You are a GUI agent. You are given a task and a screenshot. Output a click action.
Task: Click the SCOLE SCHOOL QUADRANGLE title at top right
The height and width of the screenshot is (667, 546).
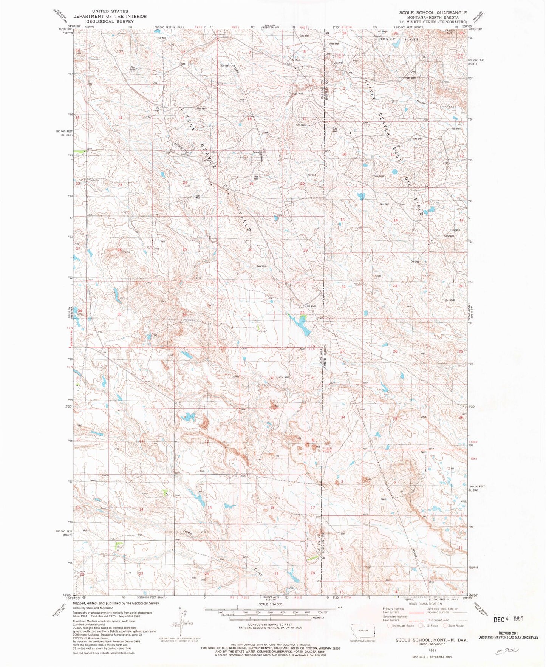433,12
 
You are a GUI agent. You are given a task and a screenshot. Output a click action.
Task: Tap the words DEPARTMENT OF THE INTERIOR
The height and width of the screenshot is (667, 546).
110,16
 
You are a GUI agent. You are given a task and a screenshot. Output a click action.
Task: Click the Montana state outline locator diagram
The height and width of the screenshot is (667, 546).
363,632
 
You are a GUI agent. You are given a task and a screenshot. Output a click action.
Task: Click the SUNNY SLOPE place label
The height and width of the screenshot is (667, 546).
399,39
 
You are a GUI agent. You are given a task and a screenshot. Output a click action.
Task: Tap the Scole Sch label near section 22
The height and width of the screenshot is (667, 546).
94,180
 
